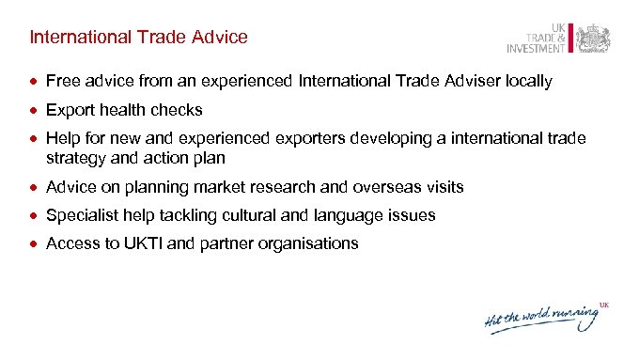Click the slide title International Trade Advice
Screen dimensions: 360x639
(138, 38)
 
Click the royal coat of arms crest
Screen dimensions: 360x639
(593, 39)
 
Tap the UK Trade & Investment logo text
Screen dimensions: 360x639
(538, 38)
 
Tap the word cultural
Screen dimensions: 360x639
(245, 215)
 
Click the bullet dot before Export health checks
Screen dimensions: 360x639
(35, 110)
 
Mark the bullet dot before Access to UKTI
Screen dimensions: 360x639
(35, 243)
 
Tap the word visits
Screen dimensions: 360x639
(443, 187)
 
